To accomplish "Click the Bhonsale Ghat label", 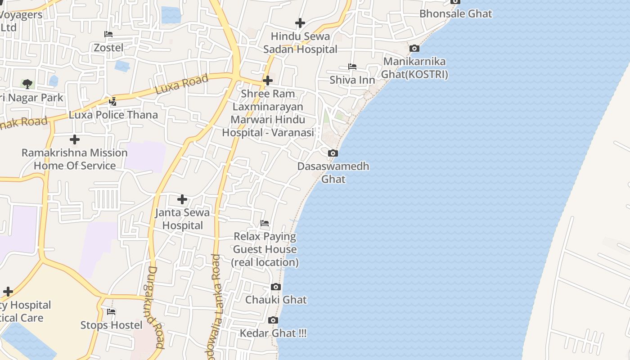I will (x=455, y=13).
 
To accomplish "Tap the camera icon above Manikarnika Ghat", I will (x=414, y=48).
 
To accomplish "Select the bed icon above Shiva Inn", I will (x=352, y=67).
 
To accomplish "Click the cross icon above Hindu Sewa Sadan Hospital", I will (x=300, y=22).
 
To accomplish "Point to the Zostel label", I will (x=108, y=47).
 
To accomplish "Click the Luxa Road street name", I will (x=182, y=84).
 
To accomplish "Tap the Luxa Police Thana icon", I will (x=113, y=101).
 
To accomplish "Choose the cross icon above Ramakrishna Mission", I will (x=75, y=139).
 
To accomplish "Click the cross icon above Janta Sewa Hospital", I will (x=182, y=199).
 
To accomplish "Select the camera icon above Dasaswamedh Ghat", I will (x=333, y=153).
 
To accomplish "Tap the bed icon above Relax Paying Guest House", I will (x=265, y=223).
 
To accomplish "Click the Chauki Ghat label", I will (x=276, y=300).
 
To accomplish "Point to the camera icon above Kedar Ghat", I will (x=273, y=320).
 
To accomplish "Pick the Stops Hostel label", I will (x=111, y=325).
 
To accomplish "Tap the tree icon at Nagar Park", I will (x=27, y=84).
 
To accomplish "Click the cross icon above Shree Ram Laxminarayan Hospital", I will (x=268, y=81).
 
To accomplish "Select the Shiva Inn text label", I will (x=352, y=80).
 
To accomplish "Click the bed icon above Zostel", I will (x=108, y=34).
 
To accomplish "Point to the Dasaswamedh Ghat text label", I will (x=333, y=172).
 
